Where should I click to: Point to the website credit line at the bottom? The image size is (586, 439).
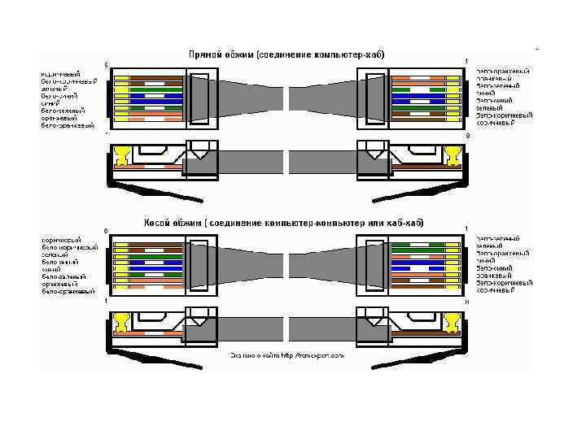coord(286,355)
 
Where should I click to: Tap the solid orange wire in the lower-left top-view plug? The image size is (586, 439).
coord(155,280)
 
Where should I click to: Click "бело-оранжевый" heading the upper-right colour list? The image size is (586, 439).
coord(505,72)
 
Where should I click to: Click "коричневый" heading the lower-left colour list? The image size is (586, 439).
coord(61,240)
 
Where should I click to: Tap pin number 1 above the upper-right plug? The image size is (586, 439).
coord(466,62)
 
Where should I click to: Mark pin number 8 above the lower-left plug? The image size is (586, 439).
coord(106,231)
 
